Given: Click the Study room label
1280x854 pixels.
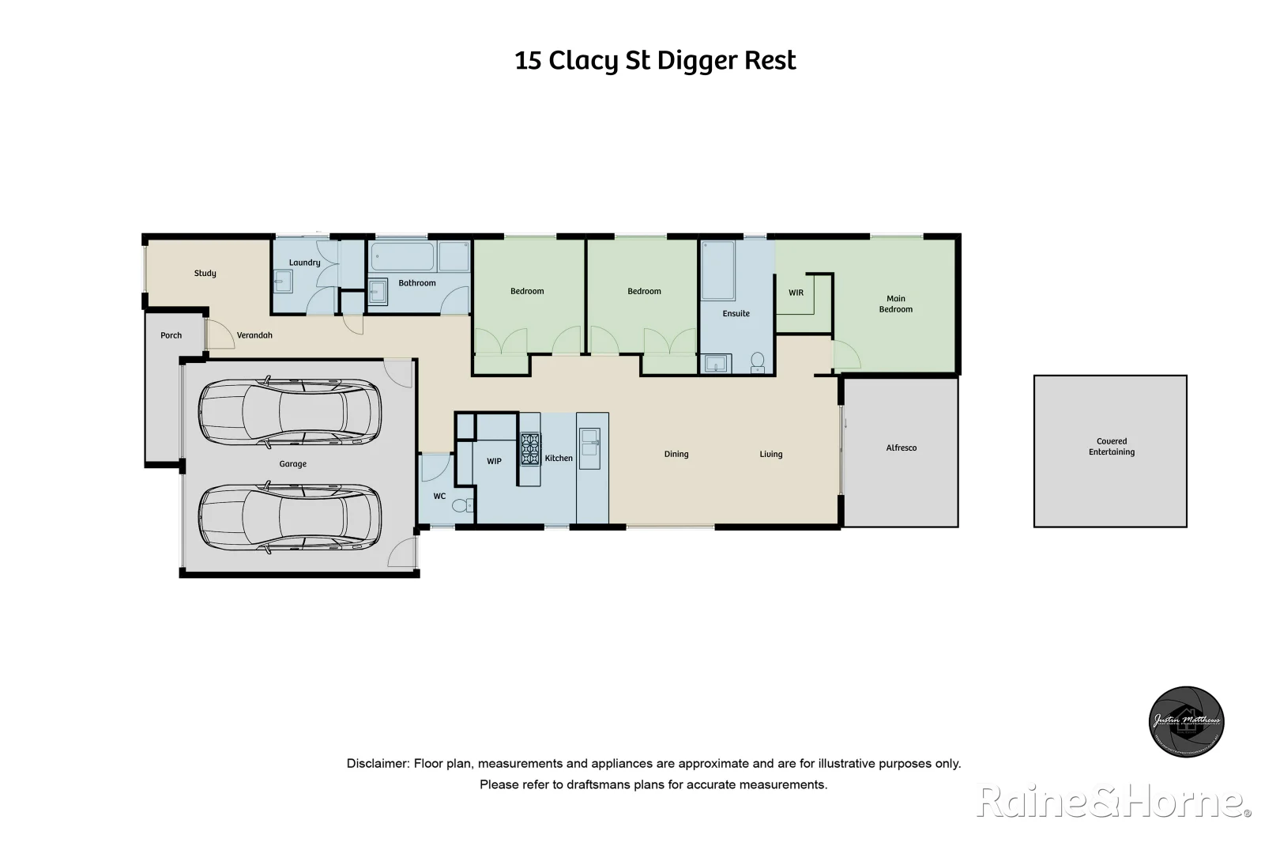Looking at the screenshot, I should (x=205, y=274).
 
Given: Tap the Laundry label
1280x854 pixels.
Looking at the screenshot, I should (x=304, y=263).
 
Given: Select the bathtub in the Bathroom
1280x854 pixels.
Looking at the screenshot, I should (x=403, y=257).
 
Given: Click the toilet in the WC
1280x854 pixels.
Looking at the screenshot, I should (x=461, y=505).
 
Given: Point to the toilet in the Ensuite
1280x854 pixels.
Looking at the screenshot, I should (x=758, y=361).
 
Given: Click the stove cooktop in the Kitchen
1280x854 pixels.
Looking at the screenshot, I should (x=530, y=449).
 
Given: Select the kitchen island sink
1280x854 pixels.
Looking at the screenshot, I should (x=589, y=443).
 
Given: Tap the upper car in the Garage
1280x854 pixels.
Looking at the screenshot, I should (x=289, y=411).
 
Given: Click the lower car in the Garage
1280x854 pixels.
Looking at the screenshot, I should (x=289, y=518).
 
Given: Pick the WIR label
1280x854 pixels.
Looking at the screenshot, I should (x=796, y=293).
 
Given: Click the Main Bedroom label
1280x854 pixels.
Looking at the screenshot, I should (x=895, y=304).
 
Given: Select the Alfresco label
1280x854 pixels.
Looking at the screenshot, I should (x=901, y=448).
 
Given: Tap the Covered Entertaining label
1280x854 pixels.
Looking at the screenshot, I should (x=1111, y=447).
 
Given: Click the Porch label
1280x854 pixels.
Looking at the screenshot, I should (x=171, y=336).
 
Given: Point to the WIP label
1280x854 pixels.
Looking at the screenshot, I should (x=494, y=461).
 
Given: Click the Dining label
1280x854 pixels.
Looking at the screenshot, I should (x=676, y=455).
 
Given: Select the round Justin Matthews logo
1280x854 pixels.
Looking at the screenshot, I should (x=1186, y=721).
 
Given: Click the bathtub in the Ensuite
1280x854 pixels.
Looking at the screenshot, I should (x=718, y=270).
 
